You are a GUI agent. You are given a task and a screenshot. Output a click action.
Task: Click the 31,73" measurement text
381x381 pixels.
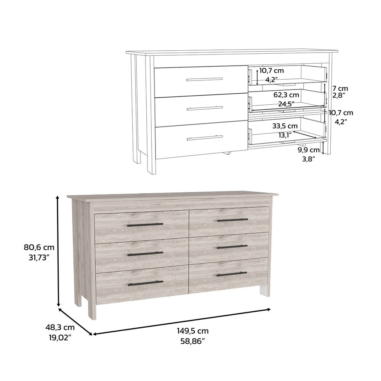coord(37,258)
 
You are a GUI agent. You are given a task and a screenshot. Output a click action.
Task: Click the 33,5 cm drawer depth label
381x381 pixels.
coord(285,126)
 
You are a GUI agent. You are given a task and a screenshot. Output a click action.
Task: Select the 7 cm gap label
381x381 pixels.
coord(340,88)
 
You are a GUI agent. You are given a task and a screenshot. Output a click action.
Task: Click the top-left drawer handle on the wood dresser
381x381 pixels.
coord(145,225)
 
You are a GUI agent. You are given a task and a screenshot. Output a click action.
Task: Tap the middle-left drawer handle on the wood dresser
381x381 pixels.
coord(145,253)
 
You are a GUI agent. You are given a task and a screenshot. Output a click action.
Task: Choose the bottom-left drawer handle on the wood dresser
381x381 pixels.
coord(145,283)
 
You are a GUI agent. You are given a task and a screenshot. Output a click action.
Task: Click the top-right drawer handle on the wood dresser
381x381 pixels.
coord(232,220)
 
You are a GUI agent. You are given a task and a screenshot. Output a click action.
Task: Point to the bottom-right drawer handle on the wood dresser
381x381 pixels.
coord(232,274)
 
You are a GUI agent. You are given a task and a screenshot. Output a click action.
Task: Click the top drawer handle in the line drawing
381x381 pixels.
coord(205,79)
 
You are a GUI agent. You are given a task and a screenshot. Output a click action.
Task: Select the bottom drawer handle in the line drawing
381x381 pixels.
coord(205,138)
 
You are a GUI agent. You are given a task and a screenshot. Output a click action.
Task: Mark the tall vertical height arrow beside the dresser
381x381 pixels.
coord(58,251)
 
